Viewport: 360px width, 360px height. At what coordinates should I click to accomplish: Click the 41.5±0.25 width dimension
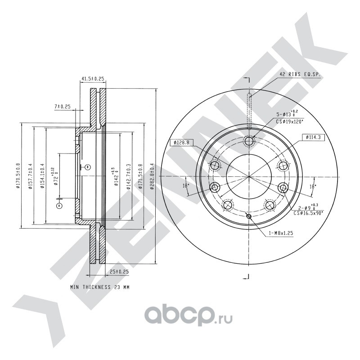point(93,79)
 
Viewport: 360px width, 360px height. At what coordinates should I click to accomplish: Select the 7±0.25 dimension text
point(63,106)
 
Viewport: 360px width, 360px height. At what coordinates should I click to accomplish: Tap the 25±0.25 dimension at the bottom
point(119,271)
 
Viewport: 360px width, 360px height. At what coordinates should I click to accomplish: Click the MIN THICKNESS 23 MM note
point(99,287)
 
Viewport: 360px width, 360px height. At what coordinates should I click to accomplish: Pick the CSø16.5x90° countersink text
point(309,213)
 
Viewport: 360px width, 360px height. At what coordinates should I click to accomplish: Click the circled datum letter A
point(58,206)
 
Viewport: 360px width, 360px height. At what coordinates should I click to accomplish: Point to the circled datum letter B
point(88,167)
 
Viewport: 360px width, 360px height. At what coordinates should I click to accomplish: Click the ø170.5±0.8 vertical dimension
point(18,176)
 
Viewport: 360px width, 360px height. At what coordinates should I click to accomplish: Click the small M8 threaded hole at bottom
point(249,217)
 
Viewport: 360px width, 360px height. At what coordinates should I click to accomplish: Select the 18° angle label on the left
point(185,185)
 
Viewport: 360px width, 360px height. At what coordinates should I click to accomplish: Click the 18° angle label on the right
point(313,185)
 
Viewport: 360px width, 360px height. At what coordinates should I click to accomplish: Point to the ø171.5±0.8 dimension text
point(140,176)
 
